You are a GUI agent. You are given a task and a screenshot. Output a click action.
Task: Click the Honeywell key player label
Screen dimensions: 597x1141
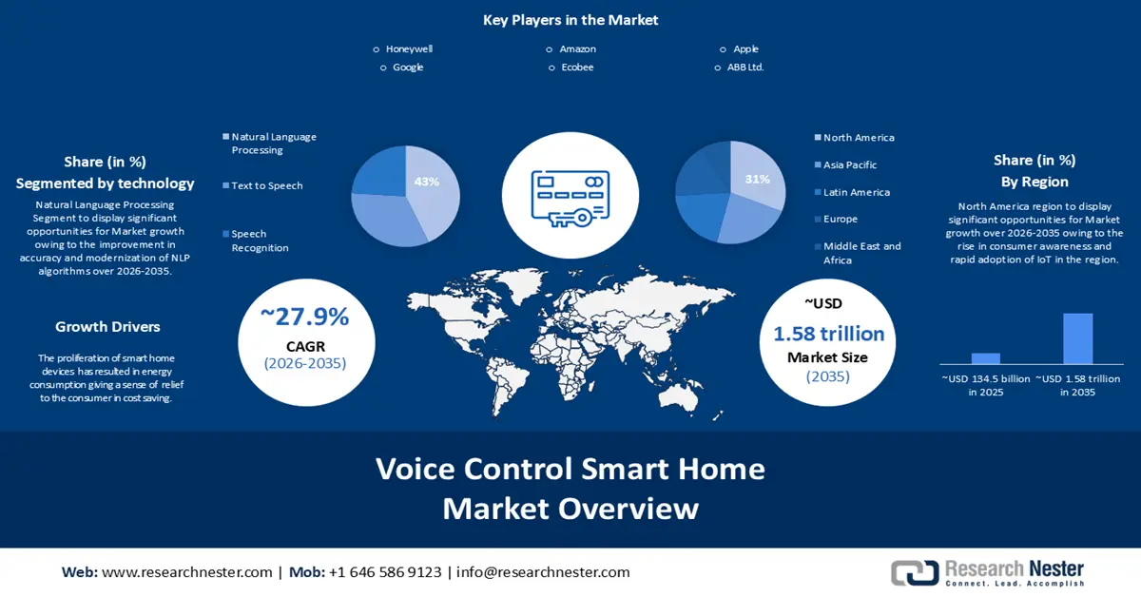coord(409,48)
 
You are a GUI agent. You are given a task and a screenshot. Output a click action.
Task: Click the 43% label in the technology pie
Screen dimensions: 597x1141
coord(427,181)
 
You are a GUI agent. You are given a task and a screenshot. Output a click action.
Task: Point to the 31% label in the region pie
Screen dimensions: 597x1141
coord(758,179)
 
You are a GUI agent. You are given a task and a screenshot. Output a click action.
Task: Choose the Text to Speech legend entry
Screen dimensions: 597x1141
coord(266,185)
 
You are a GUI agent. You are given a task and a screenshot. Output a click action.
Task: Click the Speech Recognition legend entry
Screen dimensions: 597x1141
coord(260,241)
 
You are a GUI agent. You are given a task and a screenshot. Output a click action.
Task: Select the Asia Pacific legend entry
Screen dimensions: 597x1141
coord(849,164)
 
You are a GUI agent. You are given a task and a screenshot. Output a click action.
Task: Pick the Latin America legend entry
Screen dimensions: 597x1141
coord(856,192)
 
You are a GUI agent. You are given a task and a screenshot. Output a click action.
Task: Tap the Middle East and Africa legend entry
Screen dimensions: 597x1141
coord(861,253)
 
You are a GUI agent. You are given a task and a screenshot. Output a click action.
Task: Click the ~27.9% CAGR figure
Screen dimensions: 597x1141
coord(305,318)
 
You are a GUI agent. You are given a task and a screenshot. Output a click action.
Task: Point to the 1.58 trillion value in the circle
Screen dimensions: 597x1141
coord(828,334)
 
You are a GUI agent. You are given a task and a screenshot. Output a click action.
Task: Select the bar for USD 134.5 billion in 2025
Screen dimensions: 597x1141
coord(986,358)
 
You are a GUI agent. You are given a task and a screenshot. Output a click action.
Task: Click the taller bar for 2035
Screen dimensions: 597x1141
coord(1077,338)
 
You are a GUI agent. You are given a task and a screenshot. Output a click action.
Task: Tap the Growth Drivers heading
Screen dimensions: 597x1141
coord(107,327)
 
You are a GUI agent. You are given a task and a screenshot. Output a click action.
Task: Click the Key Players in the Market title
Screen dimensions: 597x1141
coord(570,20)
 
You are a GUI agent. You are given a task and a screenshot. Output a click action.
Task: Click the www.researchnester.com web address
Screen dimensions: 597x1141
coord(186,572)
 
